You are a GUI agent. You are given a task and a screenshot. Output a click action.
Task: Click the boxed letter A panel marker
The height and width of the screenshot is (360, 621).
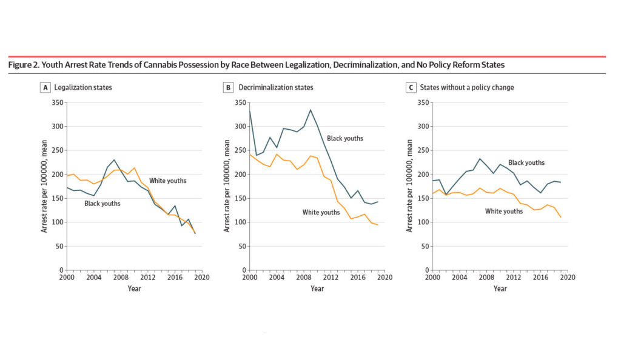pyautogui.click(x=45, y=87)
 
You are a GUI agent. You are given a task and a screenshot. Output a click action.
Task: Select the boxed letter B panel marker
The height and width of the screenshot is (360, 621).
pyautogui.click(x=228, y=87)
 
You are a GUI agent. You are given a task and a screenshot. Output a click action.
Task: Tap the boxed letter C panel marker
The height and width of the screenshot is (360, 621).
pyautogui.click(x=411, y=87)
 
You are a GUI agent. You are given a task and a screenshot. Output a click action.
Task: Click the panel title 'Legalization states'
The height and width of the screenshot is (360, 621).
pyautogui.click(x=83, y=87)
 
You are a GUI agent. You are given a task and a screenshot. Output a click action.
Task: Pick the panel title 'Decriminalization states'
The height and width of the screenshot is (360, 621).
pyautogui.click(x=276, y=87)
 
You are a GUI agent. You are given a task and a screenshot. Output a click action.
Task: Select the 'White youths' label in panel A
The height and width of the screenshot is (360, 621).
pyautogui.click(x=168, y=181)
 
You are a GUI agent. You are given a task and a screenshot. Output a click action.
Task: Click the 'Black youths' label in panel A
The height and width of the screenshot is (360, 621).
pyautogui.click(x=102, y=204)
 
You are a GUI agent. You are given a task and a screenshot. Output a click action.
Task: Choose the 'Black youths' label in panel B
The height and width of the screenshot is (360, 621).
pyautogui.click(x=345, y=138)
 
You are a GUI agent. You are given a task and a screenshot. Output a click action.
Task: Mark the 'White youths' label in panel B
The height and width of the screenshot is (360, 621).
pyautogui.click(x=321, y=212)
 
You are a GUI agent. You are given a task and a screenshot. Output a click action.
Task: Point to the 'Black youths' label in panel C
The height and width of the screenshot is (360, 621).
pyautogui.click(x=526, y=162)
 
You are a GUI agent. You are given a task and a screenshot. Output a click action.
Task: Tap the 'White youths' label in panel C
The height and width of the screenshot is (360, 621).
pyautogui.click(x=504, y=212)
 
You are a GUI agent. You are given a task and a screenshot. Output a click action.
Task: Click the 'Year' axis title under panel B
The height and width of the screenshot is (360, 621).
pyautogui.click(x=317, y=288)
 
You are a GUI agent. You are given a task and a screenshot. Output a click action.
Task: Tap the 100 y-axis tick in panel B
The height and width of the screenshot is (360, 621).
pyautogui.click(x=240, y=222)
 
